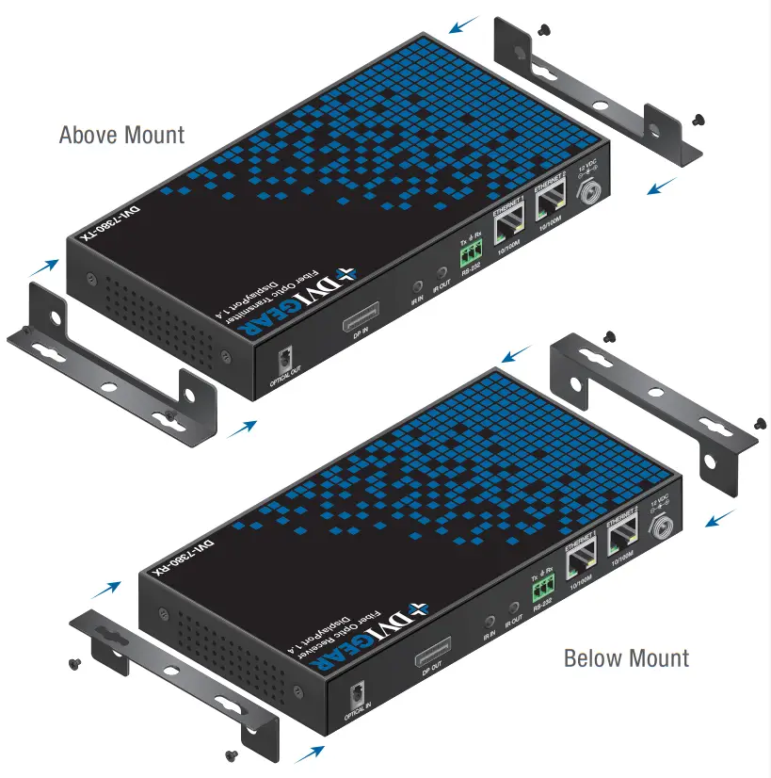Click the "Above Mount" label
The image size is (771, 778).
coord(121,135)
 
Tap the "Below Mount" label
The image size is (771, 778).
coord(626,657)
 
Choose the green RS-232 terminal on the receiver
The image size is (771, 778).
coord(542,591)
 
